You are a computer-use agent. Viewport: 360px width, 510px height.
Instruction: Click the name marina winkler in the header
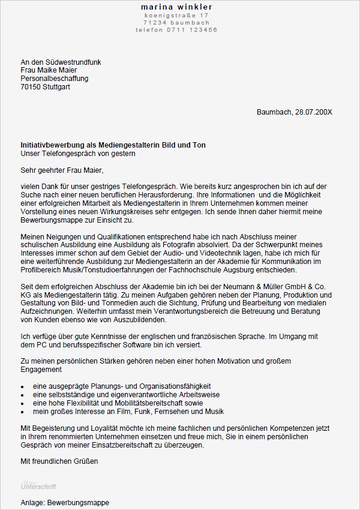176,7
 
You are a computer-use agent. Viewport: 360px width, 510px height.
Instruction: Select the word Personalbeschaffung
55,79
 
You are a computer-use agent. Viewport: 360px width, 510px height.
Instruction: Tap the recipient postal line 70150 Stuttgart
45,87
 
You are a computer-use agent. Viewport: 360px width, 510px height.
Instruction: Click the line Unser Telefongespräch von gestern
77,154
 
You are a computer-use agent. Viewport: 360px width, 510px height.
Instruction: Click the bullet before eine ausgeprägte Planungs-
23,386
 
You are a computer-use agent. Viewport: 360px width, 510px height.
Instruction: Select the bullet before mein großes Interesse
23,412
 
